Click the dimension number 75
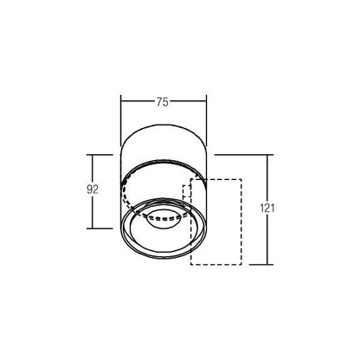point(163,102)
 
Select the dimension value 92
point(93,190)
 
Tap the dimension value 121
point(267,208)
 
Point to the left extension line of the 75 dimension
point(121,120)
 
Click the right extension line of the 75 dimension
point(206,120)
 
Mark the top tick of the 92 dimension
point(100,155)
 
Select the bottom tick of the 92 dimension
point(100,228)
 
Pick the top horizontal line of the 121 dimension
point(244,155)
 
